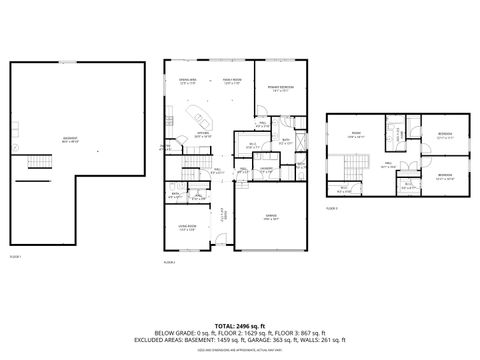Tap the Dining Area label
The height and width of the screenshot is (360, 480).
coord(188,81)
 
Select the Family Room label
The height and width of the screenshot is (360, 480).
coord(232,81)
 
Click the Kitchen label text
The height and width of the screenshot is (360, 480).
coord(203,133)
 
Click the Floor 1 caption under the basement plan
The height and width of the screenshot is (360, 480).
coord(15,258)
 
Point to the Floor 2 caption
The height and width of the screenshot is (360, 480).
coord(169,261)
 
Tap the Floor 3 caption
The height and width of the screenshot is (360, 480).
coord(333,207)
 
